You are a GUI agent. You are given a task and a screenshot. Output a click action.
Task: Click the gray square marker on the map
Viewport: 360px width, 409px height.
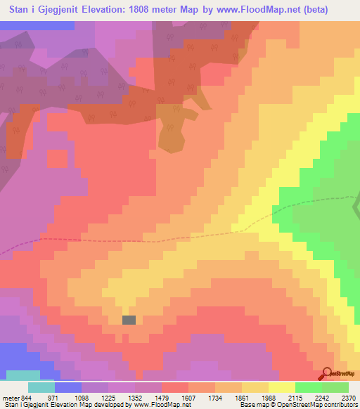tap(129, 320)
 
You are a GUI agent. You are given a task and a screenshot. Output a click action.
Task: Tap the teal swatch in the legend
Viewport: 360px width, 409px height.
tap(41, 387)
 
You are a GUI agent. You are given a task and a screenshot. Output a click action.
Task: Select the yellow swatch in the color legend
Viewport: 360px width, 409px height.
tap(281, 387)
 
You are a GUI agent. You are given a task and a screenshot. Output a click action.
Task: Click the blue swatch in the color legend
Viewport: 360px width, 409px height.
tap(68, 387)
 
